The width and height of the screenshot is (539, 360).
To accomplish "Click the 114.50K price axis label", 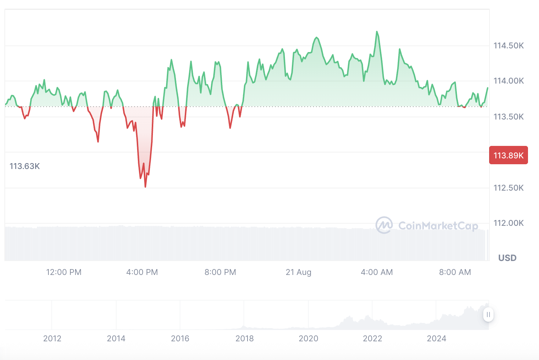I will [508, 46].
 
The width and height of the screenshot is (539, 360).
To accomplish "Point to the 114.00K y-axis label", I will [508, 81].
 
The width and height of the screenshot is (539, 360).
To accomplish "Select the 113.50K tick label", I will [508, 117].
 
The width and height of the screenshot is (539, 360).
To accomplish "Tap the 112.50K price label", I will [508, 188].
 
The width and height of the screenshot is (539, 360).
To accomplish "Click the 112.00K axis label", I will [508, 223].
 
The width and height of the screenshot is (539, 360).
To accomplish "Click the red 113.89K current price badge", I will [508, 155].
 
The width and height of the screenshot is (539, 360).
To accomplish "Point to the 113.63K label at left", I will [25, 166].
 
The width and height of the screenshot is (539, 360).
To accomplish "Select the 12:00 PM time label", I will [64, 272].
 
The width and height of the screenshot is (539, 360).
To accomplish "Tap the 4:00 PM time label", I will [142, 272].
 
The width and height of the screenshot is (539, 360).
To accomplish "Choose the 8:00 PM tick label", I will [220, 272].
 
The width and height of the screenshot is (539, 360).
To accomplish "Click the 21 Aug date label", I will [298, 272].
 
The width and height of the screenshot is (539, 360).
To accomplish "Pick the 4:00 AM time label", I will [377, 272].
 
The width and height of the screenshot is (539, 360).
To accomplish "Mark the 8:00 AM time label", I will [455, 272].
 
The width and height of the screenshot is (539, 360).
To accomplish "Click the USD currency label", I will [507, 258].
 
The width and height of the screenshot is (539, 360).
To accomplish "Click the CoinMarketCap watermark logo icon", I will [384, 225].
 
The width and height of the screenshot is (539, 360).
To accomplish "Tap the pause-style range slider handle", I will [488, 315].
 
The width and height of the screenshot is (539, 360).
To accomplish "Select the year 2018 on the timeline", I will [245, 338].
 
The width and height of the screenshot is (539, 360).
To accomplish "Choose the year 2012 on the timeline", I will [52, 338].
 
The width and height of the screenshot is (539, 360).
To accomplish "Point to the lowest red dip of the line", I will [146, 187].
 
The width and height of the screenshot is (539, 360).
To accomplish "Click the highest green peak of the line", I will [377, 32].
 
